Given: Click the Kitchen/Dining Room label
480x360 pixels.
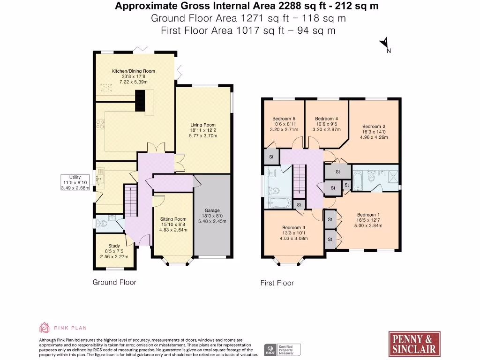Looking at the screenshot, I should [x=133, y=71].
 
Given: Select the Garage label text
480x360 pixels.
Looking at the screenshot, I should [x=212, y=210].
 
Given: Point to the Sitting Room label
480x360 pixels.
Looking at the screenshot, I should [x=173, y=219].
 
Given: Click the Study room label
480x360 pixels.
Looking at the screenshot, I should [x=114, y=246].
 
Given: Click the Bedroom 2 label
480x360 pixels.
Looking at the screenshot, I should [x=374, y=127].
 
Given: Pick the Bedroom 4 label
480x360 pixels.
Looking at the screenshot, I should [x=326, y=119].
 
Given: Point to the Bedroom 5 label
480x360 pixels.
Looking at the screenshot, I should [x=284, y=119].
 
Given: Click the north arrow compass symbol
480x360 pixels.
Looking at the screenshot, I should [x=384, y=44].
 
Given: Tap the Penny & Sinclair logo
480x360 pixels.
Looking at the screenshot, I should [x=414, y=344].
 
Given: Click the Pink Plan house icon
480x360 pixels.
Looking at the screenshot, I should [x=45, y=328].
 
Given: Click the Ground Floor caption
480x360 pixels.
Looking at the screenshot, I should [x=114, y=282].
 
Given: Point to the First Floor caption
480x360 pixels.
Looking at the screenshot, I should [x=277, y=283].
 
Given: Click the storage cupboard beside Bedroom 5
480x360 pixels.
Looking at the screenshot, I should [x=271, y=156].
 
